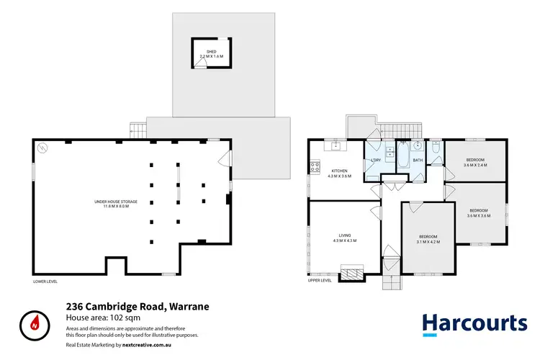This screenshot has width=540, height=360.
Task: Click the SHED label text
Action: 212,52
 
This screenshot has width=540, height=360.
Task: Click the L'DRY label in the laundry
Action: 375,161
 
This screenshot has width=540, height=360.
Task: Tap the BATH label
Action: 418,161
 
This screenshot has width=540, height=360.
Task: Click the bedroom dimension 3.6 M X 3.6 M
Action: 479,215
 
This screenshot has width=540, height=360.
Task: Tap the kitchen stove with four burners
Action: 315,167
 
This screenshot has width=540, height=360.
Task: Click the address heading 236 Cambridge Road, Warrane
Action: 138,306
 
